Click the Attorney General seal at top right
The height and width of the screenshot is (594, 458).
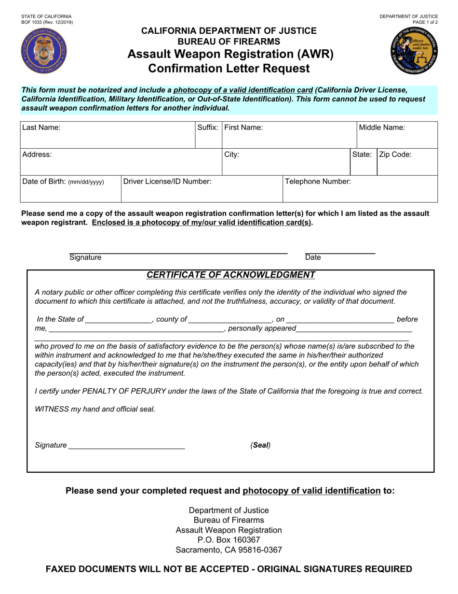point(415,51)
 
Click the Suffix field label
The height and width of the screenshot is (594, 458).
point(208,128)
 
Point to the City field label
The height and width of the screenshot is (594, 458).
point(232,155)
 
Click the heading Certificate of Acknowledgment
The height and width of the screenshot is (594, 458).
point(231,275)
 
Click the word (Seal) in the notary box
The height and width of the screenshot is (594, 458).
point(260,445)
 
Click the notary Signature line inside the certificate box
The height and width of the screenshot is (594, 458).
point(126,445)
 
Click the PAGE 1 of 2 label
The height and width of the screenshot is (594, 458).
point(425,23)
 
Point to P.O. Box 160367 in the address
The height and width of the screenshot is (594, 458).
point(229,540)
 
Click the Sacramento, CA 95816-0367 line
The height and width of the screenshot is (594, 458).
point(229,550)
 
